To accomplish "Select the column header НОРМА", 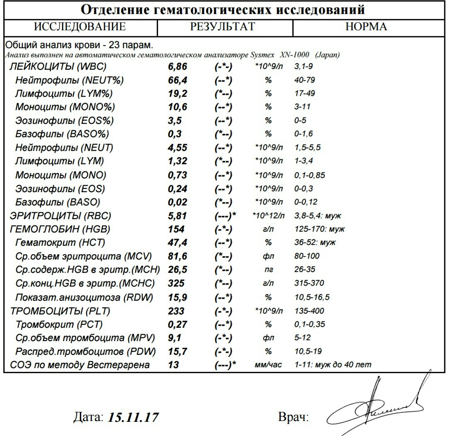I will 366,27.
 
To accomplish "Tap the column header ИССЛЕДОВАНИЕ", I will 80,27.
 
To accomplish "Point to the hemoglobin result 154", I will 176,229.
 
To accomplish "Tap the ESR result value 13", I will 173,365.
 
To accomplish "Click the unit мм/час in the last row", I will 268,365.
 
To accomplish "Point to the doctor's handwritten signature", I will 374,404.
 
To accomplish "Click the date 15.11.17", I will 133,417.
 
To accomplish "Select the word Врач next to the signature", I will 293,417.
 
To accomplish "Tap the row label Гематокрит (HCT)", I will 60,242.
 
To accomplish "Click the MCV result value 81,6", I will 178,256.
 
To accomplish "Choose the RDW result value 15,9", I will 178,297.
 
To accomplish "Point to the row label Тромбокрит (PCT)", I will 59,324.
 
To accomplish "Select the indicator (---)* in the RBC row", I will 226,216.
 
